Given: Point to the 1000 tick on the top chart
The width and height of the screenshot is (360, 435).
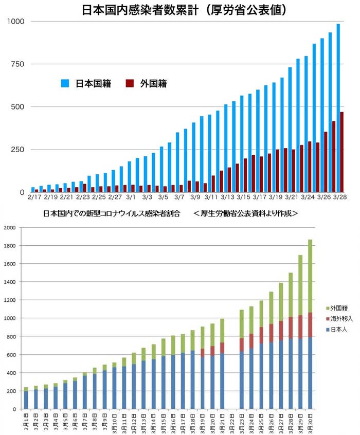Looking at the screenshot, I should tap(15, 21).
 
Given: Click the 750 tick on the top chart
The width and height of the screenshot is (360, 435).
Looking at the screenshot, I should tap(17, 64).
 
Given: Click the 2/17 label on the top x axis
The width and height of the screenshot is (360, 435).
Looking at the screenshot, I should tap(34, 196).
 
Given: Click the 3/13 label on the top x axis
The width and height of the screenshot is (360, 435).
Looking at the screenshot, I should tap(228, 196).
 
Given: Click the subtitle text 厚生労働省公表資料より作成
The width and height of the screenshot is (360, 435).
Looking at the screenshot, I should tap(246, 213).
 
